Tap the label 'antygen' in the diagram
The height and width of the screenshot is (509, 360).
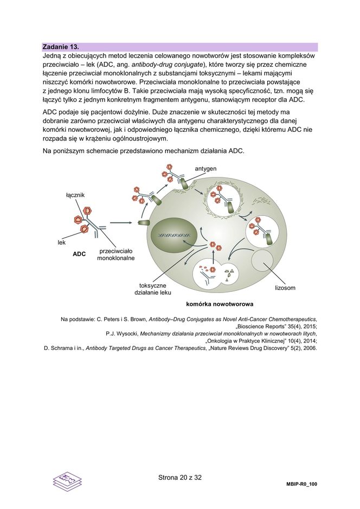(205, 169)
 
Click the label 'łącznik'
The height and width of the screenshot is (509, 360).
(75, 194)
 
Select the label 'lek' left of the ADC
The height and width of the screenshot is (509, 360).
(62, 243)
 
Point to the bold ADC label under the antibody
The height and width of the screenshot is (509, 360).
(79, 253)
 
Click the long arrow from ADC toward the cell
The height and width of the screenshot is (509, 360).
(121, 222)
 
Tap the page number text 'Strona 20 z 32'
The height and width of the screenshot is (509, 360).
(179, 478)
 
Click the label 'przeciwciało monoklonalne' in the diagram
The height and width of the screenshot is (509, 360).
(115, 255)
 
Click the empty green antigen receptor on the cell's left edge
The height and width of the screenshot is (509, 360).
(145, 222)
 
